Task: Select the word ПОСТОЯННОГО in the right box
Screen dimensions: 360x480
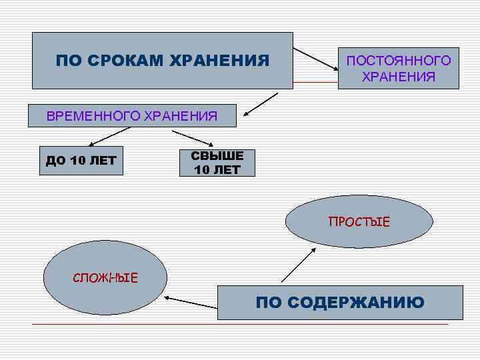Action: pyautogui.click(x=398, y=61)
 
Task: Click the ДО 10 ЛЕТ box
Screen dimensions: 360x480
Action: pyautogui.click(x=81, y=160)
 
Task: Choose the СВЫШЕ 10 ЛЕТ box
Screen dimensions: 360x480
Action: pyautogui.click(x=217, y=162)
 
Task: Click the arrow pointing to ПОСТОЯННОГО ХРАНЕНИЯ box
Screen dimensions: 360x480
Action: pyautogui.click(x=316, y=59)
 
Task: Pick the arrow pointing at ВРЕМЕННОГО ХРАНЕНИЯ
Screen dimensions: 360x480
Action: pyautogui.click(x=259, y=105)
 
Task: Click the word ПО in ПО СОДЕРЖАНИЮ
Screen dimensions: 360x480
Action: pyautogui.click(x=269, y=303)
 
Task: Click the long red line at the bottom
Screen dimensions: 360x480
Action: pyautogui.click(x=240, y=324)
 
